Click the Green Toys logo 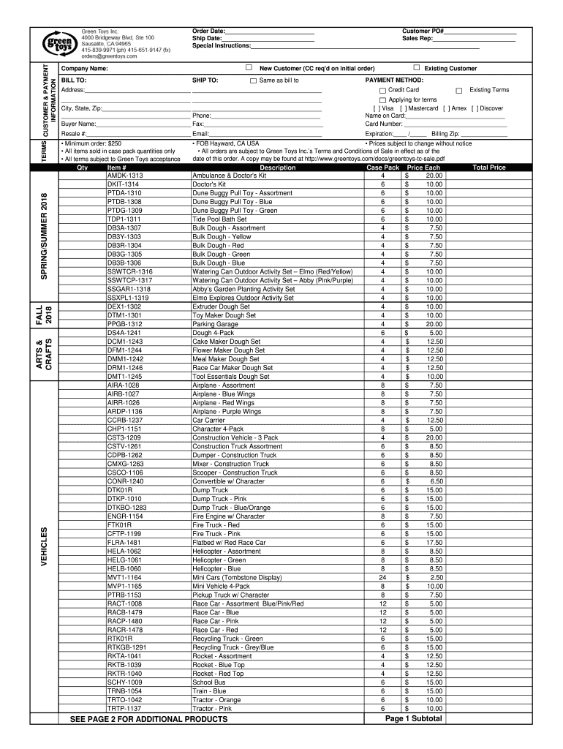[x=61, y=43]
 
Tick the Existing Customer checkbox [x=416, y=68]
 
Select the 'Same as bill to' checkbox [x=253, y=80]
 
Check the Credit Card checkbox [x=382, y=90]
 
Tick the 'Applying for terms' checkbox [x=382, y=99]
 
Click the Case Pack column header [x=382, y=168]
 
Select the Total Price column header [x=489, y=168]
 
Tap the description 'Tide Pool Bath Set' [x=219, y=219]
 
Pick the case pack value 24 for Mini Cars [x=382, y=578]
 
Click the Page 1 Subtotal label [x=414, y=719]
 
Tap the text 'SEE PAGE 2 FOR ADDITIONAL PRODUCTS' [x=149, y=719]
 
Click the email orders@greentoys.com [x=109, y=56]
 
